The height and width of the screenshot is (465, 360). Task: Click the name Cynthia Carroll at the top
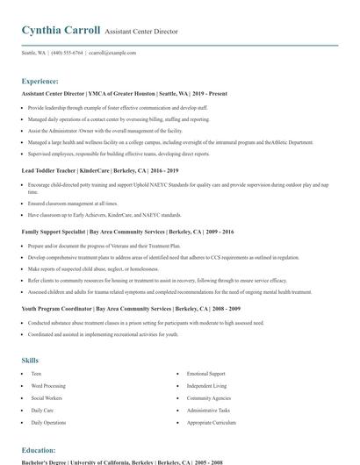pos(61,31)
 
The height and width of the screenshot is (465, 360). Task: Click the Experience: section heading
pos(40,80)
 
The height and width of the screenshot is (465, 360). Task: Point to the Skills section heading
pos(30,360)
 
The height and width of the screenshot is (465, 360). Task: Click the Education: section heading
pos(39,449)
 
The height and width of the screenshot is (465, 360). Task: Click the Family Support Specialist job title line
pos(118,232)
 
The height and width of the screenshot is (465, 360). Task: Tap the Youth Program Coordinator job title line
pos(119,309)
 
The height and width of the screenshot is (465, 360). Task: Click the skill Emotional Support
pos(205,374)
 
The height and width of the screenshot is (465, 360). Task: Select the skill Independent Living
pos(206,386)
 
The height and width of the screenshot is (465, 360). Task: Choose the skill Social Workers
pos(46,398)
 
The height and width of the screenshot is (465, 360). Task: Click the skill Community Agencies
pos(208,398)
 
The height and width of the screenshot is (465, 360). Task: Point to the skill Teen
pos(36,374)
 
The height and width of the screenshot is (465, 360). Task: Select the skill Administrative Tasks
pos(209,411)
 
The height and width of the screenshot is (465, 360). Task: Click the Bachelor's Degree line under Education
pos(122,461)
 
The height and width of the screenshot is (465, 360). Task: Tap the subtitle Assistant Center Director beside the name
pos(140,32)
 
